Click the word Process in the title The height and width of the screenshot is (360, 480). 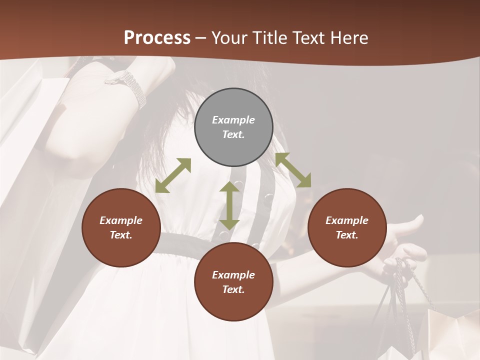(157, 38)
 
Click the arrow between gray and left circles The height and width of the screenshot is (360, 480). (173, 175)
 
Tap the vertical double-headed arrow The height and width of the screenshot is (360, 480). (229, 205)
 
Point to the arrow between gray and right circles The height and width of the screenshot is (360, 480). (293, 170)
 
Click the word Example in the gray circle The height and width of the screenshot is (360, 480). (233, 120)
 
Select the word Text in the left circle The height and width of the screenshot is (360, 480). (121, 235)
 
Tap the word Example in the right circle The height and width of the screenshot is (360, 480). (347, 220)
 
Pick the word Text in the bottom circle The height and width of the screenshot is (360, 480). (233, 289)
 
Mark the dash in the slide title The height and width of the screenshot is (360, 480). (201, 38)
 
